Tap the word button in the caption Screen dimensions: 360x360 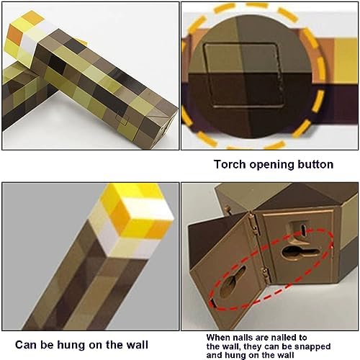click(315, 164)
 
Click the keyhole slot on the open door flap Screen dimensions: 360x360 click(233, 282)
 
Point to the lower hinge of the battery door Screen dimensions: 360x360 click(266, 275)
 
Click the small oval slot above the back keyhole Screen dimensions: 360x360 click(303, 230)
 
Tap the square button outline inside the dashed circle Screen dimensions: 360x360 click(244, 76)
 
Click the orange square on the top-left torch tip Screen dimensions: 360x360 click(14, 35)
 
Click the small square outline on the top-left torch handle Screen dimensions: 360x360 click(122, 119)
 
